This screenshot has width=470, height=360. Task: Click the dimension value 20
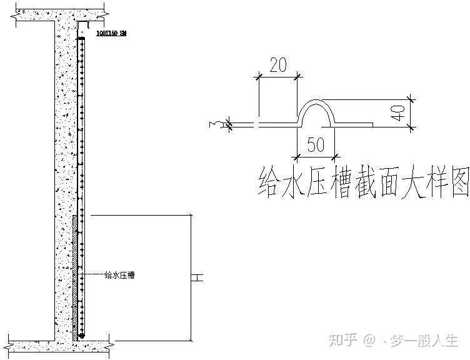279,65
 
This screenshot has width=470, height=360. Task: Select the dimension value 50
316,145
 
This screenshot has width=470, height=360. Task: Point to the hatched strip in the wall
76,275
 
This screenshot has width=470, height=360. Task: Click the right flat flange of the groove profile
355,124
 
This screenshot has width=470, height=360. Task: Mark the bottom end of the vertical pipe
81,337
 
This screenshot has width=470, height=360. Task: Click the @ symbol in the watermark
369,341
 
